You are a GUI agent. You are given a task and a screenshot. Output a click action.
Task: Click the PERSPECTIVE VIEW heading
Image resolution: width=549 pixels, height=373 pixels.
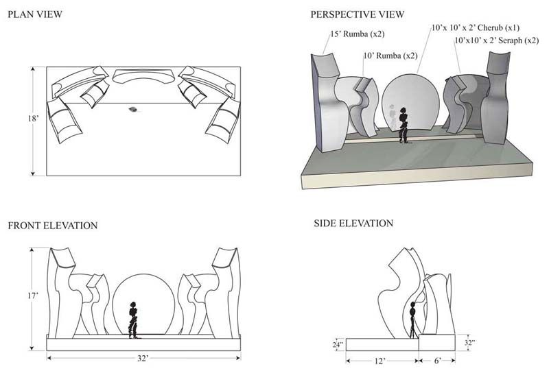click(357, 14)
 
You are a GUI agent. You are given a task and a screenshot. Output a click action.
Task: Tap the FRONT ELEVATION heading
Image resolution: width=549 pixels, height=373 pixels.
click(53, 226)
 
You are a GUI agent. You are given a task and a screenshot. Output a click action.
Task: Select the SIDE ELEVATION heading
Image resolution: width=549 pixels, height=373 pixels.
click(353, 224)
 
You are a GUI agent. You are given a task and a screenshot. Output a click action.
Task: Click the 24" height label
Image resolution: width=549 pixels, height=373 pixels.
click(338, 344)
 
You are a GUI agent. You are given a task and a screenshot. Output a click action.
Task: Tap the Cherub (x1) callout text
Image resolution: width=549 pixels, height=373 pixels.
click(475, 29)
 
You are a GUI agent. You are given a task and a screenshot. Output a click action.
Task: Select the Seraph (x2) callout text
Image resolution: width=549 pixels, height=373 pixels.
click(496, 41)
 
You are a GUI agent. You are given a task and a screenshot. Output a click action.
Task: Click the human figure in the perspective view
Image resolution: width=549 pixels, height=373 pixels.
click(404, 124)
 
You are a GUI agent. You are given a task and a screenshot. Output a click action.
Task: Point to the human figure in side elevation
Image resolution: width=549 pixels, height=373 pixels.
click(414, 318)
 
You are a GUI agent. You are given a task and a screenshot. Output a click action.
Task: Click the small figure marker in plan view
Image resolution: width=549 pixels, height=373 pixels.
click(132, 109)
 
